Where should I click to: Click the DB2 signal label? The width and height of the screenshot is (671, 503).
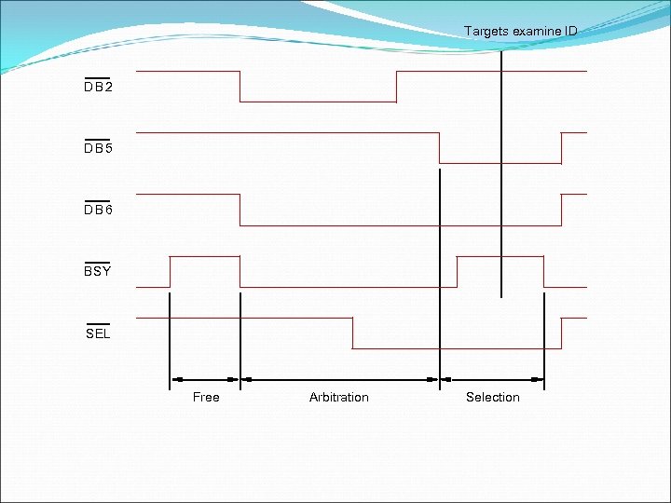point(98,87)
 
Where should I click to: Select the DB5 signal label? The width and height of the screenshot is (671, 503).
point(98,148)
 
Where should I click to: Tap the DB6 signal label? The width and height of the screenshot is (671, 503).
point(98,211)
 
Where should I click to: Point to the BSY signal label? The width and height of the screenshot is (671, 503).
point(97,272)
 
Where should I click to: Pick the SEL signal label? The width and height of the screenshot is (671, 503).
point(98,333)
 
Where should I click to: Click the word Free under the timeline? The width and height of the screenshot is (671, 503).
point(206,398)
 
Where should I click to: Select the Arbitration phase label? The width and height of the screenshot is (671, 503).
point(339,398)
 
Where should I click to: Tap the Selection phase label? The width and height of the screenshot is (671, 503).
point(493,398)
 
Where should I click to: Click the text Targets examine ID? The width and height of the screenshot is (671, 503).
point(520,32)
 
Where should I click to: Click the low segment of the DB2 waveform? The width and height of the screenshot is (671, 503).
point(318,102)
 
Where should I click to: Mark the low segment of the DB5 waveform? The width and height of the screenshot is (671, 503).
point(500,164)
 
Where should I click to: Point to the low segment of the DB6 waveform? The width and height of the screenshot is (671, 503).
point(401,225)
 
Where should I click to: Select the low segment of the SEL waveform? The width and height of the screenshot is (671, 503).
point(457,348)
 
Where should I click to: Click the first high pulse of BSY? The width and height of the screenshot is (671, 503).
point(205,256)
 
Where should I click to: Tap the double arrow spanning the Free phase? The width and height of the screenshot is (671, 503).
point(205,380)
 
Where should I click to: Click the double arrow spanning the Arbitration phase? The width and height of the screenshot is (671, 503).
point(339,380)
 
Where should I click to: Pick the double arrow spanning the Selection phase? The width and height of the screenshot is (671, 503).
point(492,380)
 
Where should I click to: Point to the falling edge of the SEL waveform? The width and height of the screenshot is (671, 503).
point(352,333)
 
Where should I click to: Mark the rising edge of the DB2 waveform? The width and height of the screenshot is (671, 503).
point(397,87)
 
